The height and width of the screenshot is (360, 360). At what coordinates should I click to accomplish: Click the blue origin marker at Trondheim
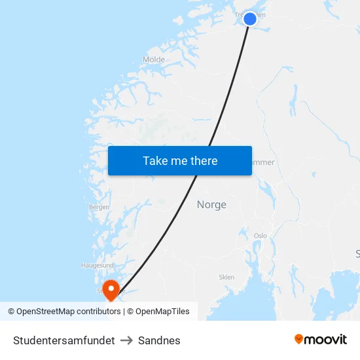click(250, 19)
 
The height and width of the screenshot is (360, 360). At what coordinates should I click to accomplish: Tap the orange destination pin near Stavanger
click(110, 288)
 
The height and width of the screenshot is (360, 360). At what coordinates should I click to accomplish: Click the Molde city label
click(154, 60)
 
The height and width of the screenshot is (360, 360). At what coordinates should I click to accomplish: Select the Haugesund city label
click(97, 265)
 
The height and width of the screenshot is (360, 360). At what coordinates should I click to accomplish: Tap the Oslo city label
click(261, 236)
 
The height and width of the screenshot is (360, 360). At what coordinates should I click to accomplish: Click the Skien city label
click(226, 277)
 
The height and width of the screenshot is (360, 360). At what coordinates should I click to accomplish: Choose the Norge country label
click(211, 205)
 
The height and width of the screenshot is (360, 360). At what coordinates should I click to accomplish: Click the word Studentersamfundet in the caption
click(64, 340)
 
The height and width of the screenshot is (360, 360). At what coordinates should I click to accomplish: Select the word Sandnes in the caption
click(159, 340)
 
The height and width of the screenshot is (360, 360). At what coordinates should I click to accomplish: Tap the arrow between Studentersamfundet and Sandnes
click(126, 340)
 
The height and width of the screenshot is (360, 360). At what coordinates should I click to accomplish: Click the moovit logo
click(321, 339)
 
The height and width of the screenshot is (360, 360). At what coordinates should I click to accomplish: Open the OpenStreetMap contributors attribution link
click(68, 312)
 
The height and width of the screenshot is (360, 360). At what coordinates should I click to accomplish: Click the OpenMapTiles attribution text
click(162, 312)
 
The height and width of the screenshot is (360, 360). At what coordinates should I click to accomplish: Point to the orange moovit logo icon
click(299, 339)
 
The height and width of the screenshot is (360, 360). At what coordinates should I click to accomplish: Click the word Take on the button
click(156, 161)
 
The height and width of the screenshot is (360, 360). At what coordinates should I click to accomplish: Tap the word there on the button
click(204, 161)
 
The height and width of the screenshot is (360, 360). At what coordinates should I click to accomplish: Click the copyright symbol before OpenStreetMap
click(11, 312)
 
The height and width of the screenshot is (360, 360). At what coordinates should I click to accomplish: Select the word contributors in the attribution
click(98, 312)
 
